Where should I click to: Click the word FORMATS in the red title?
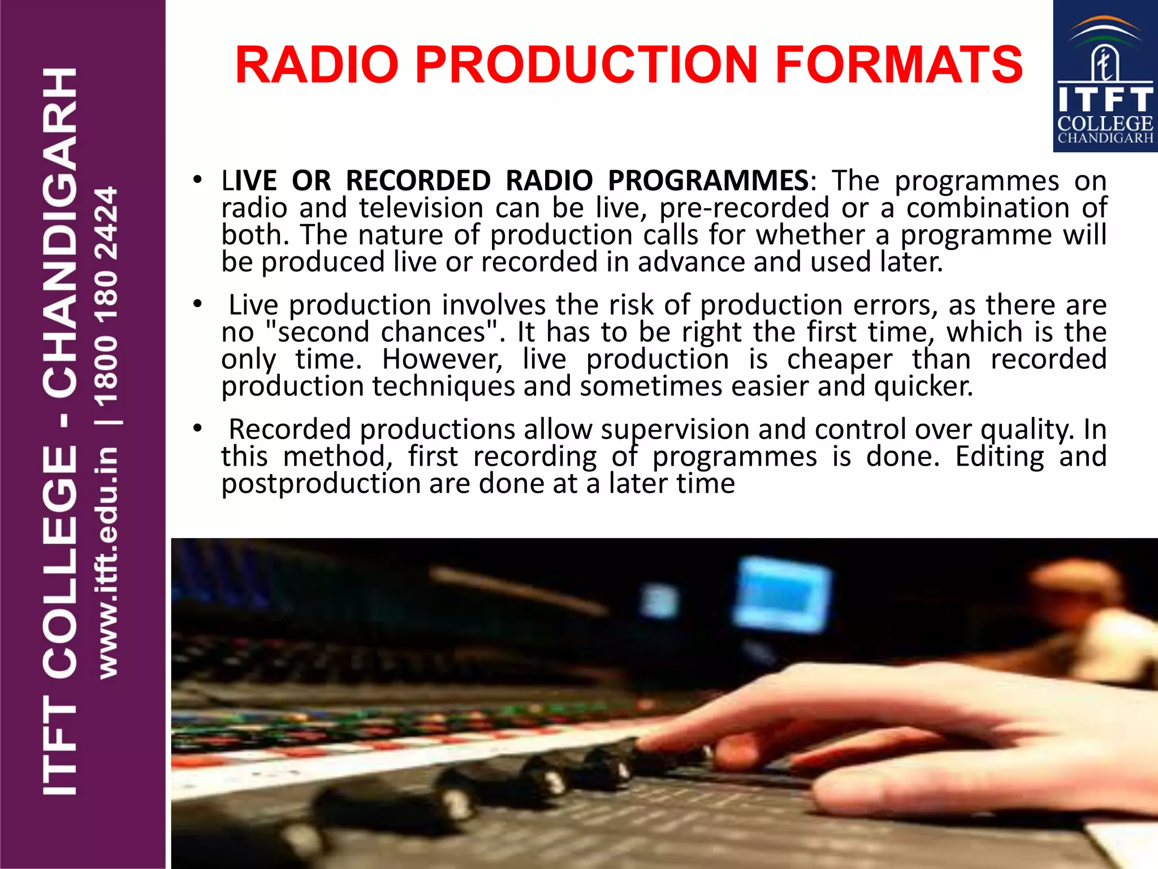point(898,64)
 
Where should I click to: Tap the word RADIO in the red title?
point(317,64)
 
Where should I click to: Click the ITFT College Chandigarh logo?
point(1104,77)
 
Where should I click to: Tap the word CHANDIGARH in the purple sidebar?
point(60,232)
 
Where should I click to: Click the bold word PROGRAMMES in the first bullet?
point(708,180)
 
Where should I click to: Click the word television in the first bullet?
point(421,208)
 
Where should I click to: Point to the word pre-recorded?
point(744,208)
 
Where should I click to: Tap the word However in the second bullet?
point(442,359)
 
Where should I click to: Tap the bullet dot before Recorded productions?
point(197,429)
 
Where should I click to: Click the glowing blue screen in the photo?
point(783,594)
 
